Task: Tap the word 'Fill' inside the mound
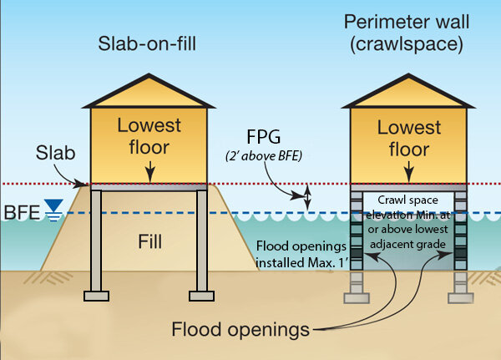[x=149, y=244]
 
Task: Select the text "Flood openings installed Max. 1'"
[x=299, y=254]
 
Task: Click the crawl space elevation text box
[x=408, y=222]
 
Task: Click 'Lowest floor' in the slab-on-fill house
[x=149, y=136]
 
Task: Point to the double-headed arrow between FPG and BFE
[x=307, y=198]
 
